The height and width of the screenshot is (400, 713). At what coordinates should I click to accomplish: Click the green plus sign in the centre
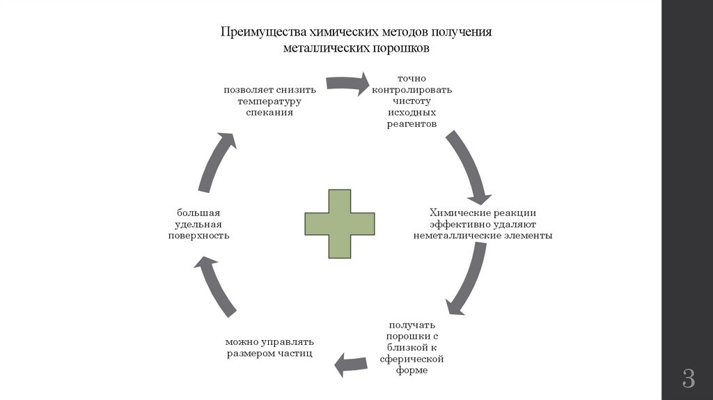click(340, 223)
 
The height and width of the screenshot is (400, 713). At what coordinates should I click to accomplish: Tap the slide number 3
click(688, 378)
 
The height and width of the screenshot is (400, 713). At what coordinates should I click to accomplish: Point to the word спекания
click(269, 112)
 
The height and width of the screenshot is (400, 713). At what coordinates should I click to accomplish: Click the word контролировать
click(412, 90)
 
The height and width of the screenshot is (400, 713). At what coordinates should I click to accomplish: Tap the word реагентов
click(412, 124)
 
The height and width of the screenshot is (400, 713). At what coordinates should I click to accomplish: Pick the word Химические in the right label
click(455, 213)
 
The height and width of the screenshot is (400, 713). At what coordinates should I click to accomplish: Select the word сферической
click(412, 359)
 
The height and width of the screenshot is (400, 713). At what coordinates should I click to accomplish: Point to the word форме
click(413, 371)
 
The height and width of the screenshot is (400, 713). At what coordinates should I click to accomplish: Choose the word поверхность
click(198, 236)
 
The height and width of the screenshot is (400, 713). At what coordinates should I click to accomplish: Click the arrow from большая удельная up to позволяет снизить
click(217, 160)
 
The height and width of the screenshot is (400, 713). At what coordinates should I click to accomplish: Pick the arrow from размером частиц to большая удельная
click(217, 286)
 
